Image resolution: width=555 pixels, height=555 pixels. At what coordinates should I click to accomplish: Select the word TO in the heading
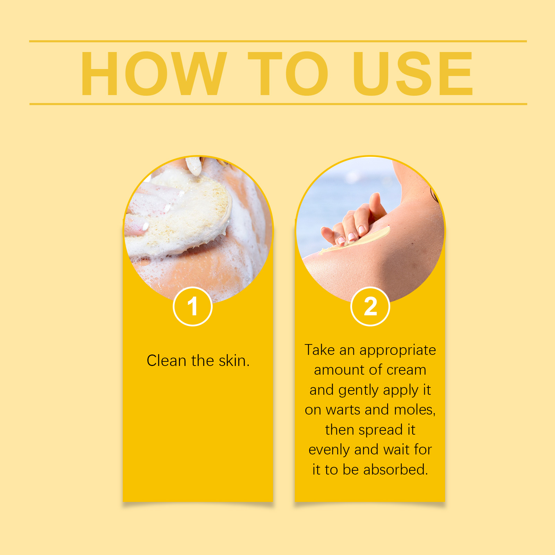(288, 73)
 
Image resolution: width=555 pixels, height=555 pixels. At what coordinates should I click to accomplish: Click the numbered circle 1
(193, 307)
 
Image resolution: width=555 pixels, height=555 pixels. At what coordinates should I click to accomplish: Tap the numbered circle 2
(370, 307)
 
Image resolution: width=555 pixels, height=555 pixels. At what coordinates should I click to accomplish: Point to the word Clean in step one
(166, 361)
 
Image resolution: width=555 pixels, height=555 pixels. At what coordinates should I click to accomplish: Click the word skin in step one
(234, 361)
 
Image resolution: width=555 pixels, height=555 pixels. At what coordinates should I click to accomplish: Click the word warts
(343, 410)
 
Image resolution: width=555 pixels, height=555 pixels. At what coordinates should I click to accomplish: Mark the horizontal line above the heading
(278, 41)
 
